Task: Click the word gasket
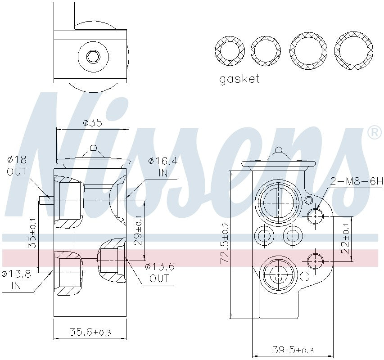click(x=239, y=79)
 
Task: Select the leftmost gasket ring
click(x=230, y=49)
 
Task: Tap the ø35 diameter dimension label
click(x=92, y=122)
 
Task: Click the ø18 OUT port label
click(x=17, y=166)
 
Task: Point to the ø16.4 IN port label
click(x=161, y=166)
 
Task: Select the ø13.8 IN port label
click(x=17, y=279)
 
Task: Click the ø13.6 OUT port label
click(x=159, y=272)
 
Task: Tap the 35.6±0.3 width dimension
click(x=90, y=332)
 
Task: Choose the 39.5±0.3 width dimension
click(x=293, y=350)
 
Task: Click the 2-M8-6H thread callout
click(x=356, y=181)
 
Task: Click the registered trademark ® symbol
click(x=374, y=132)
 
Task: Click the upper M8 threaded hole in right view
click(x=315, y=216)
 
